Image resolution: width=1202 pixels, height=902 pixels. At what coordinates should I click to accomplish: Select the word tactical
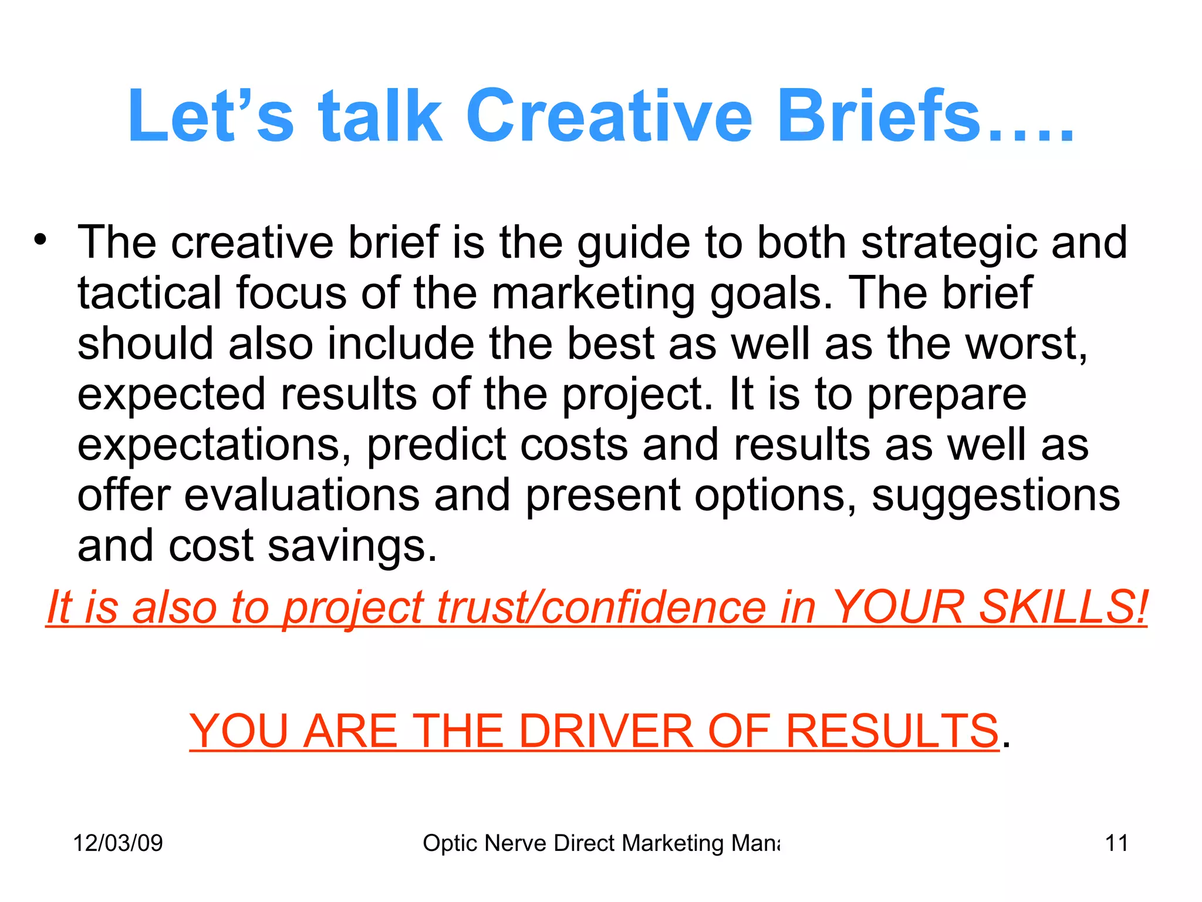[150, 293]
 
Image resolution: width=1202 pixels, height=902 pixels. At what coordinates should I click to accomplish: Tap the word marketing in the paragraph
[593, 294]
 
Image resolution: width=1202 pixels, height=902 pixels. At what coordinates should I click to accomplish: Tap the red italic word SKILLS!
[1063, 607]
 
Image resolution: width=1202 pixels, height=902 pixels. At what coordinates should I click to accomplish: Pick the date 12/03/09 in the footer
[118, 843]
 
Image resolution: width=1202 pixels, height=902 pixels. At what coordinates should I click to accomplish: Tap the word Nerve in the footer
[516, 843]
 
